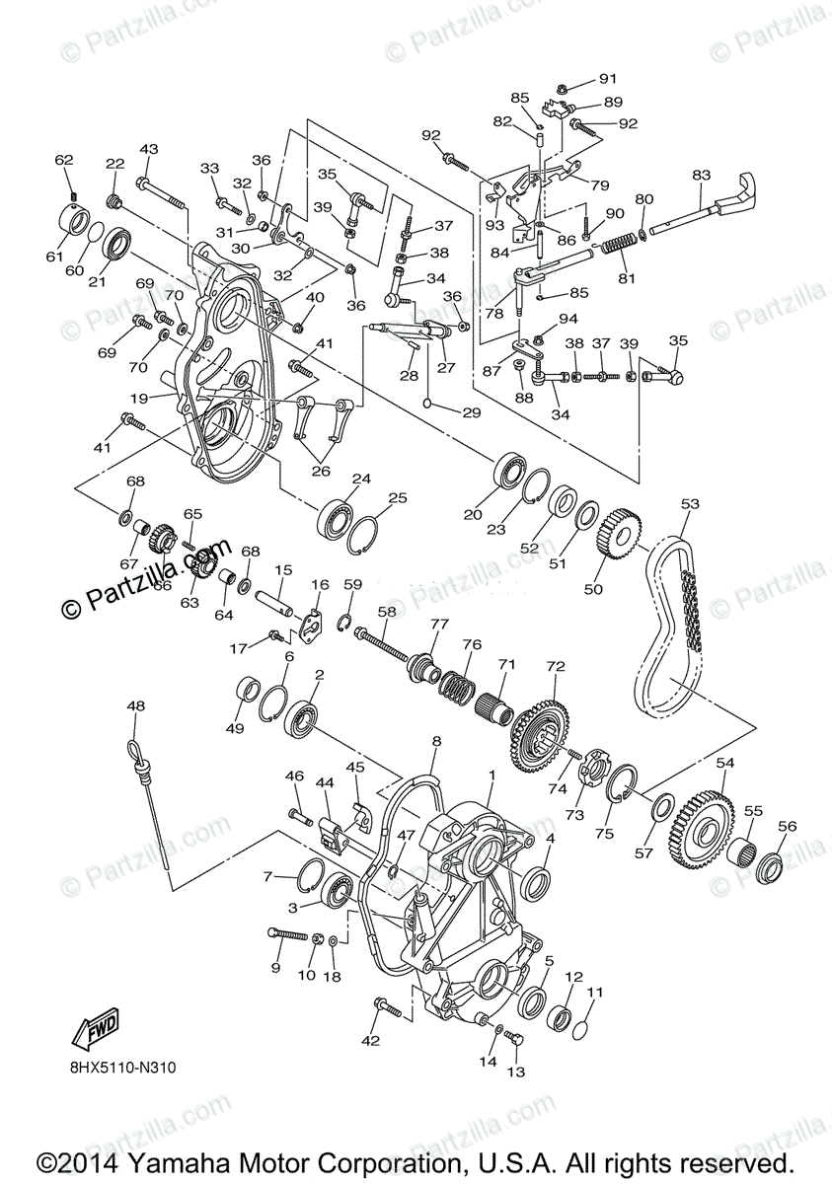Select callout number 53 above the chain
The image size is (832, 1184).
coord(689,504)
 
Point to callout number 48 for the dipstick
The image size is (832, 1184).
coord(135,705)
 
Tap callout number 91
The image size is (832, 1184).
coord(606,79)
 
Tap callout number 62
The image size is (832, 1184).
coord(64,160)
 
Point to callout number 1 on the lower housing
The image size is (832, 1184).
coord(491,776)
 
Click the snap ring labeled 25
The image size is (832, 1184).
coord(364,529)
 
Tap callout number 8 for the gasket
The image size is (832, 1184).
coord(435,740)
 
